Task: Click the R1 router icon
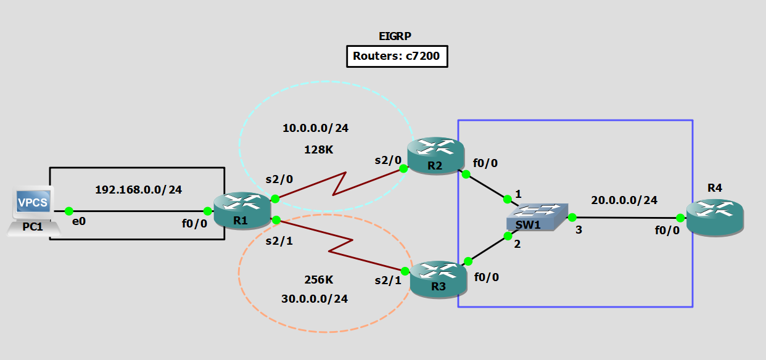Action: click(242, 210)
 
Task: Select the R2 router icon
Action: click(435, 155)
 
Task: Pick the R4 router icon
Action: click(715, 216)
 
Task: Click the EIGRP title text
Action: click(396, 36)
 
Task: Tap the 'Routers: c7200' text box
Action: click(396, 57)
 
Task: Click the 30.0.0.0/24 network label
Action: click(314, 299)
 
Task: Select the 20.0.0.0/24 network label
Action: click(624, 200)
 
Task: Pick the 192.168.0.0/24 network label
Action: click(138, 190)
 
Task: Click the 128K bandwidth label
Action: click(319, 149)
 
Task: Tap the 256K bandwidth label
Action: click(319, 279)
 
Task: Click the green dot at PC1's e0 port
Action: click(69, 211)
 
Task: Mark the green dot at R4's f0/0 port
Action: click(679, 218)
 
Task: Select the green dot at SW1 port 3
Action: click(572, 217)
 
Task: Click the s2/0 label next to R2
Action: click(389, 160)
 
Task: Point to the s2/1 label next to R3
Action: click(388, 281)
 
